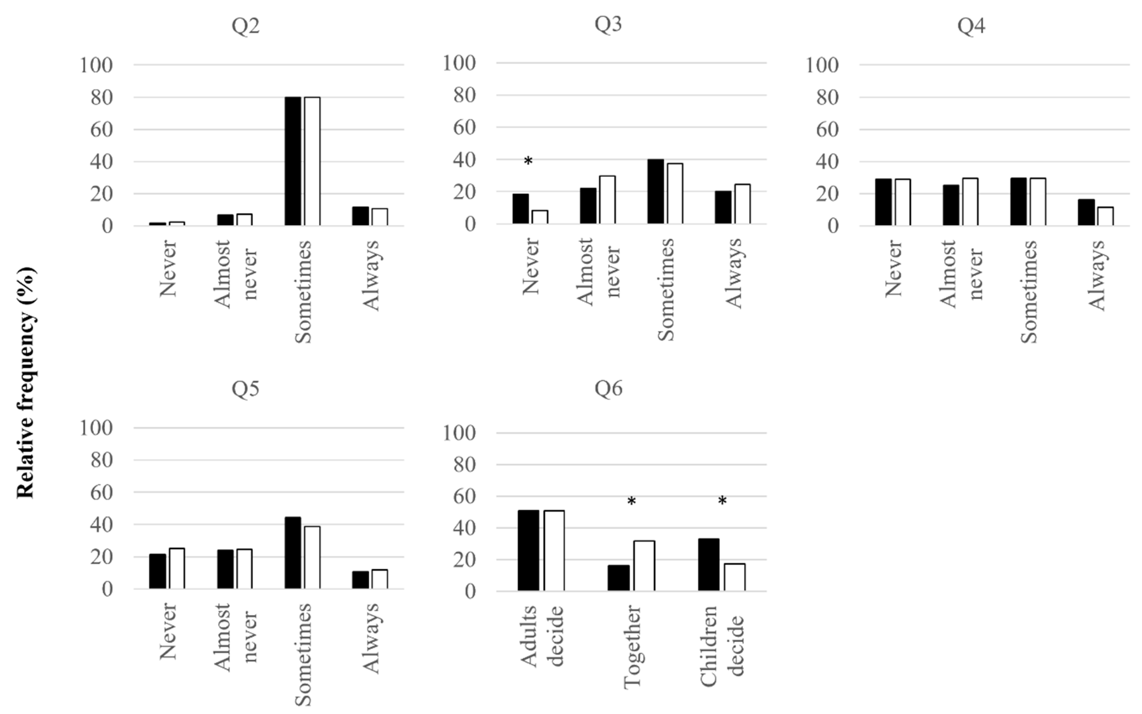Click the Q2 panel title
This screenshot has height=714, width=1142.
point(245,25)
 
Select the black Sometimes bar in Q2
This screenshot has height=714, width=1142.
point(293,161)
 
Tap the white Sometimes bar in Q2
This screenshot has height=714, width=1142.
point(312,161)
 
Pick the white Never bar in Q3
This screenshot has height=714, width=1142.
point(540,217)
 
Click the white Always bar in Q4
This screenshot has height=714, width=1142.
point(1105,216)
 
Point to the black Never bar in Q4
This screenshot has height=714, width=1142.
point(883,202)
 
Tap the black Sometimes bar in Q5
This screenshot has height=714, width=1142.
point(293,553)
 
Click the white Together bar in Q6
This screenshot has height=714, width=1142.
point(644,566)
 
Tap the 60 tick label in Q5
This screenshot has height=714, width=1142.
point(102,492)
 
